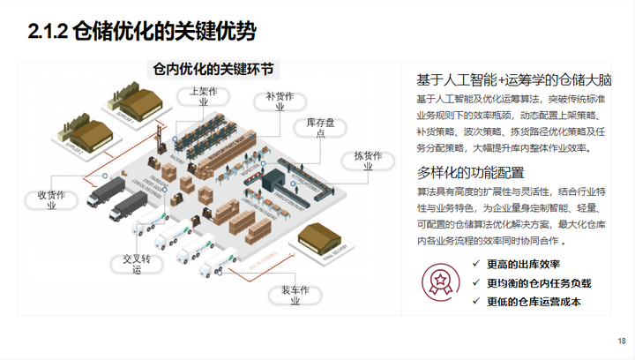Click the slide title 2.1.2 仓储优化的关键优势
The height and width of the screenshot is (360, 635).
click(x=142, y=33)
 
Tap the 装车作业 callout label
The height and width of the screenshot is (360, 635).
click(x=295, y=294)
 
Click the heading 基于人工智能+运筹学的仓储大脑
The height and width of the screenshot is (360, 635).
click(x=514, y=79)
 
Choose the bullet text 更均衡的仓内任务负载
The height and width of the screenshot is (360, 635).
click(x=538, y=283)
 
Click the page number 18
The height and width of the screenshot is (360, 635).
click(x=621, y=341)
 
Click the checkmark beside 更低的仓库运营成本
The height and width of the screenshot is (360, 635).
click(x=476, y=302)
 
